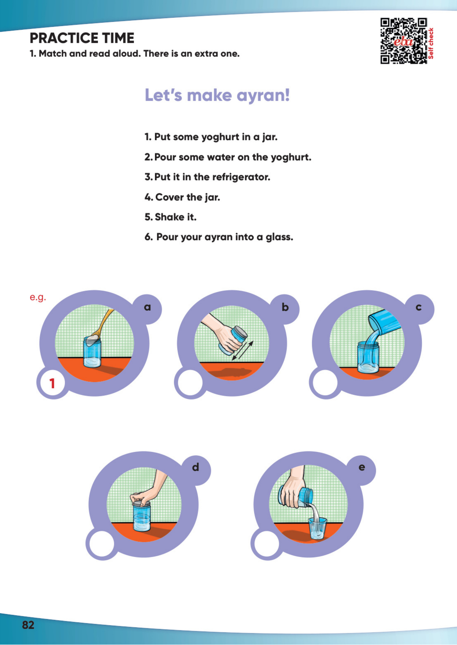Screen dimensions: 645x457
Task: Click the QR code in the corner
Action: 403,41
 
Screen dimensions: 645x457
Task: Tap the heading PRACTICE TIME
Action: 82,38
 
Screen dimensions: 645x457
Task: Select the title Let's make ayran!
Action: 217,95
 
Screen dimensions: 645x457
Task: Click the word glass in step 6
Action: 279,237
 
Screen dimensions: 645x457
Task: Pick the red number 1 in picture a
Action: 52,383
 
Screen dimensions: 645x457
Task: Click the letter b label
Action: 285,307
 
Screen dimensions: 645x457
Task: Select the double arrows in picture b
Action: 243,351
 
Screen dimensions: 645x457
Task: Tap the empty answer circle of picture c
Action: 325,383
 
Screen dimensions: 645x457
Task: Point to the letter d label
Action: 195,467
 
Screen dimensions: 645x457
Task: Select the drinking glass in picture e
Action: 317,528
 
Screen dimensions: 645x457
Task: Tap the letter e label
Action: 362,467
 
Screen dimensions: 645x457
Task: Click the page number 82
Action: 28,625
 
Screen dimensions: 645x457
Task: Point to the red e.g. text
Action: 38,297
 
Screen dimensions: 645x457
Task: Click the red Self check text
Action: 431,43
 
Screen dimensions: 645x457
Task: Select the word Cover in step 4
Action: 169,197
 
